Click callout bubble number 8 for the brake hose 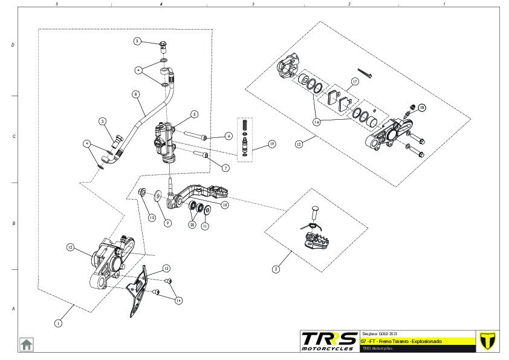tap(135, 94)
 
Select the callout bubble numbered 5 tap(194, 114)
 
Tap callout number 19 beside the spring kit tap(272, 144)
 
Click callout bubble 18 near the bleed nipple tap(422, 108)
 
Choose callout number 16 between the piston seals tap(316, 122)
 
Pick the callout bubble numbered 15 tap(225, 205)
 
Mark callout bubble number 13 tap(166, 268)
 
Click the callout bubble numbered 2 tap(276, 269)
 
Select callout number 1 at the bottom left tap(58, 323)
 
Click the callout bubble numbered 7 tap(225, 168)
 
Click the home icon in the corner tap(27, 344)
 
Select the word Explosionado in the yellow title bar tap(426, 342)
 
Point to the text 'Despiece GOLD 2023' tap(380, 333)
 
